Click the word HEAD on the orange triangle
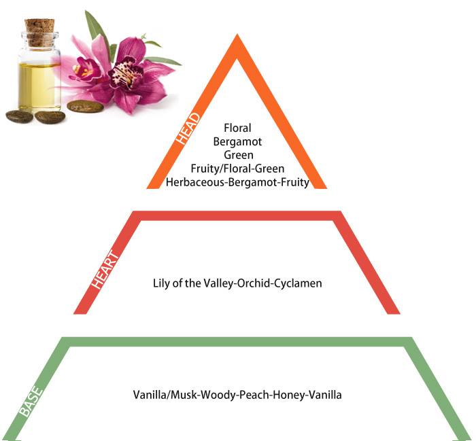point(188,128)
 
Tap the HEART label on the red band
point(105,269)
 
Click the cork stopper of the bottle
point(39,33)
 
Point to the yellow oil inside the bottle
point(39,85)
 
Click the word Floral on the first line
point(237,128)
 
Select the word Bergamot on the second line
point(237,141)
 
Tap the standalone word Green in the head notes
point(239,155)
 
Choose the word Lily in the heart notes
point(160,283)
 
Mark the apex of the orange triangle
point(237,34)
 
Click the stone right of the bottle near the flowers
point(85,106)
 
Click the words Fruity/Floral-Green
point(238,169)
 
